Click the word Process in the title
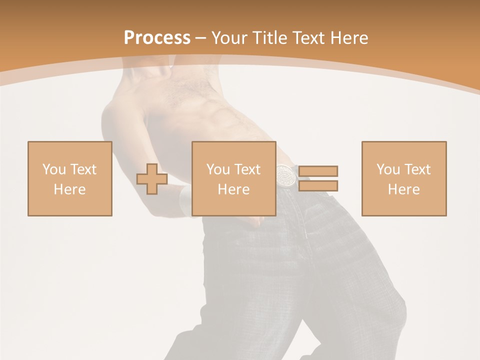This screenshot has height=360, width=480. (x=157, y=38)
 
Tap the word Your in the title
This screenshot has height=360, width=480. (x=229, y=38)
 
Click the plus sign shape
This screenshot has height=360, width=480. (x=152, y=179)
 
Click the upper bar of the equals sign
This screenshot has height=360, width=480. (x=318, y=171)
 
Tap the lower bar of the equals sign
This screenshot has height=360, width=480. (x=318, y=186)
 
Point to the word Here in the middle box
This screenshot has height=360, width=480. (x=234, y=189)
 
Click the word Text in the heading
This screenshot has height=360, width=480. (x=308, y=38)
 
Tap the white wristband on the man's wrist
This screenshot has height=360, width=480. (x=185, y=200)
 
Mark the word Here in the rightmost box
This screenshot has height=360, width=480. (x=404, y=189)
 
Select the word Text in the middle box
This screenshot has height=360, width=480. (x=247, y=169)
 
